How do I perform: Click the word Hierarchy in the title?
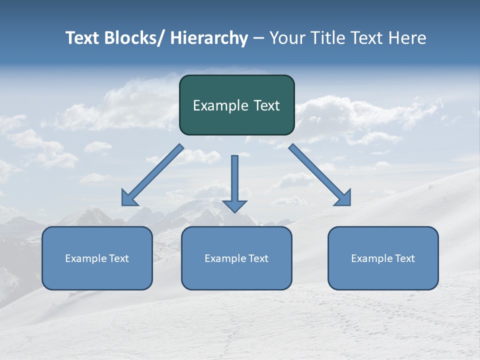pos(209,38)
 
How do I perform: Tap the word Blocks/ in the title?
pos(132,38)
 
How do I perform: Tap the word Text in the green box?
pos(266,105)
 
